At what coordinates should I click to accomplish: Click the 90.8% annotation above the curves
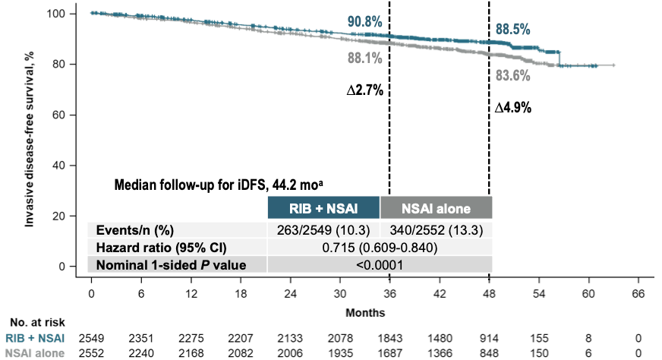click(x=365, y=21)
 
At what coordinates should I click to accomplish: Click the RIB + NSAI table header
click(x=323, y=207)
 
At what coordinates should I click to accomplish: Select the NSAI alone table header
click(x=436, y=207)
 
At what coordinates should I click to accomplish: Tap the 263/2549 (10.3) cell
click(x=323, y=229)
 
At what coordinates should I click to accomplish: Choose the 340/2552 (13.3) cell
click(x=436, y=229)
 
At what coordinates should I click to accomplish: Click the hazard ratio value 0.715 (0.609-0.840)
click(x=380, y=247)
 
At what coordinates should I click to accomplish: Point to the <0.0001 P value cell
click(x=380, y=264)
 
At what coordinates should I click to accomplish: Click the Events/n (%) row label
click(x=133, y=229)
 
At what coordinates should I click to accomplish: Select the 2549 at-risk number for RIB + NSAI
click(x=91, y=336)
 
